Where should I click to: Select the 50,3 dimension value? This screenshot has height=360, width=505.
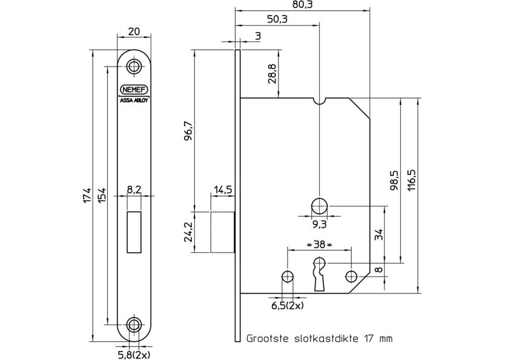click(276, 19)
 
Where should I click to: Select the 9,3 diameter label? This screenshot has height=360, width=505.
click(319, 224)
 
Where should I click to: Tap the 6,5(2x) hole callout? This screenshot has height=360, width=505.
click(286, 306)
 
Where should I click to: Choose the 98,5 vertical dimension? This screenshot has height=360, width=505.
click(394, 182)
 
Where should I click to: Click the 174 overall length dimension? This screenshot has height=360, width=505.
click(87, 195)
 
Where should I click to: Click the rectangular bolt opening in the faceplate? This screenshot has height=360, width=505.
click(134, 231)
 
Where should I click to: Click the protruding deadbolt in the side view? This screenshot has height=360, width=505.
click(222, 232)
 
